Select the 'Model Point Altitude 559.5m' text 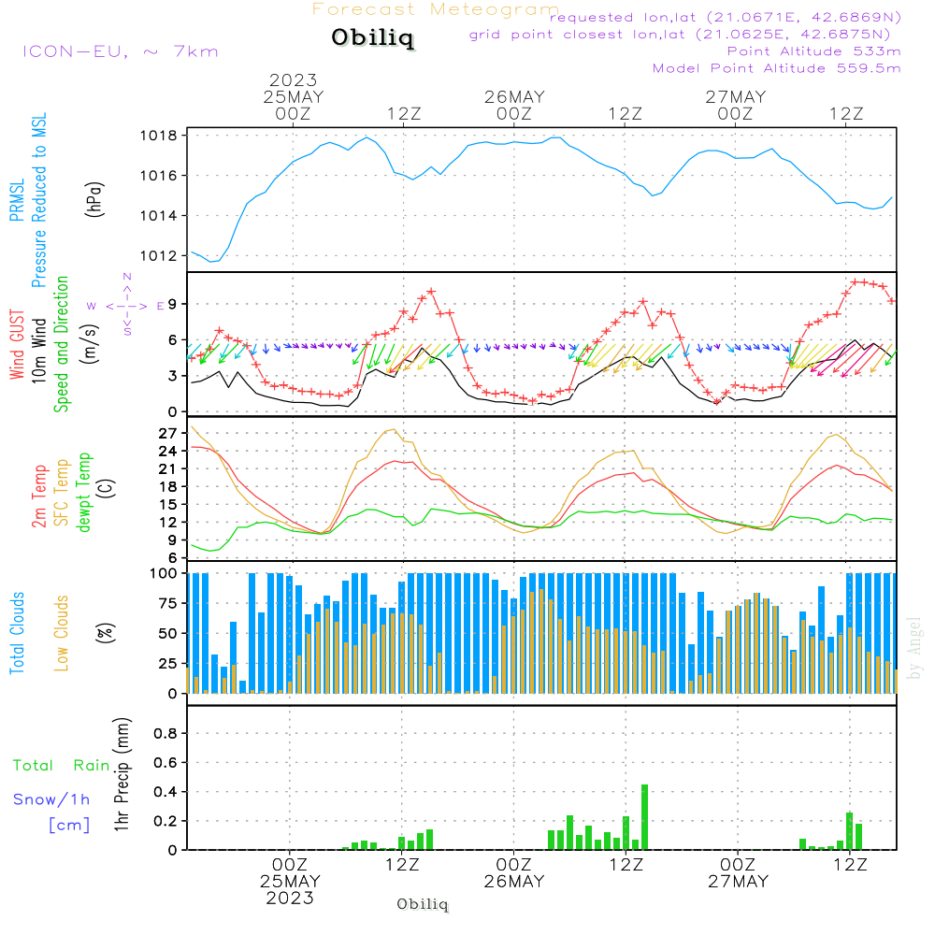[776, 68]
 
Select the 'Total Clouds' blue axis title [18, 633]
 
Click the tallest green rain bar [644, 816]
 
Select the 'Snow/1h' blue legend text [51, 799]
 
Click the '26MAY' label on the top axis [514, 97]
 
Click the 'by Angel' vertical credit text [914, 649]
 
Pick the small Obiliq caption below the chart [423, 904]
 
